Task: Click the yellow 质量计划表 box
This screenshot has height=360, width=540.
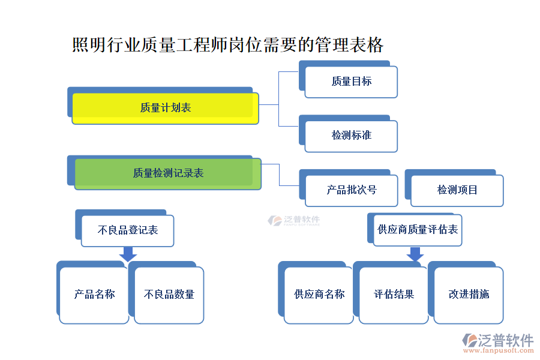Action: (x=165, y=108)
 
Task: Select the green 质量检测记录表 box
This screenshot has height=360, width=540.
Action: (x=168, y=173)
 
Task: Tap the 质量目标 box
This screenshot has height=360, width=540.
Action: (x=352, y=82)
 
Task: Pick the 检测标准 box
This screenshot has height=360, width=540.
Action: (x=352, y=136)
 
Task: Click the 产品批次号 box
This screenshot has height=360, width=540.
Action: (x=352, y=190)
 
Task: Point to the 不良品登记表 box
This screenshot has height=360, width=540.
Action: (x=127, y=230)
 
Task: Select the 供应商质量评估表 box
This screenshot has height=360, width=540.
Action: (x=418, y=230)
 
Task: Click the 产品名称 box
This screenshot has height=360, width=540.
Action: (x=94, y=295)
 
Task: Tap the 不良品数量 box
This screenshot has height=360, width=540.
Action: (x=169, y=295)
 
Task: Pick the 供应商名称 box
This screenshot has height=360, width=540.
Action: (x=319, y=295)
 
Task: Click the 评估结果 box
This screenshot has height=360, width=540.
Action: (x=394, y=295)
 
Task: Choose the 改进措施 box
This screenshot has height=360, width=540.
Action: (x=469, y=295)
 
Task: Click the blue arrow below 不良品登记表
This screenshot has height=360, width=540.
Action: (x=127, y=254)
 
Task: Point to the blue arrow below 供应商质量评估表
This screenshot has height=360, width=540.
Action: (x=415, y=254)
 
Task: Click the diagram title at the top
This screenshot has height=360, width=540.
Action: (x=227, y=45)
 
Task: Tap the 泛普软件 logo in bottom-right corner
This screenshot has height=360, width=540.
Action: (x=497, y=341)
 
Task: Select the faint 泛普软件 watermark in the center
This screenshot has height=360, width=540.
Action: (x=294, y=221)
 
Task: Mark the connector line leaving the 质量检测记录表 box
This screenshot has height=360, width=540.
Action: (x=280, y=174)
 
